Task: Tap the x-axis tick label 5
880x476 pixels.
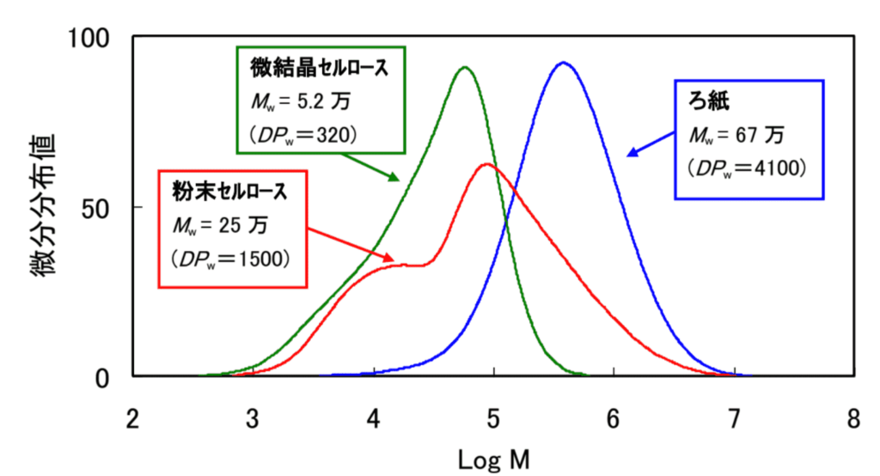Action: pyautogui.click(x=492, y=419)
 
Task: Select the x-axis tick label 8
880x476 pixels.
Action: pyautogui.click(x=852, y=419)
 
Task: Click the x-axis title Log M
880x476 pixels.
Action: pyautogui.click(x=492, y=458)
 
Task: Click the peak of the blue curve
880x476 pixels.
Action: pyautogui.click(x=563, y=63)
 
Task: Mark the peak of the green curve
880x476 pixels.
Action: pyautogui.click(x=465, y=67)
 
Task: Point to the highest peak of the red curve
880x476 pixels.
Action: pyautogui.click(x=486, y=163)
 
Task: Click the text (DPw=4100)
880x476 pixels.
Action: pyautogui.click(x=747, y=169)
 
